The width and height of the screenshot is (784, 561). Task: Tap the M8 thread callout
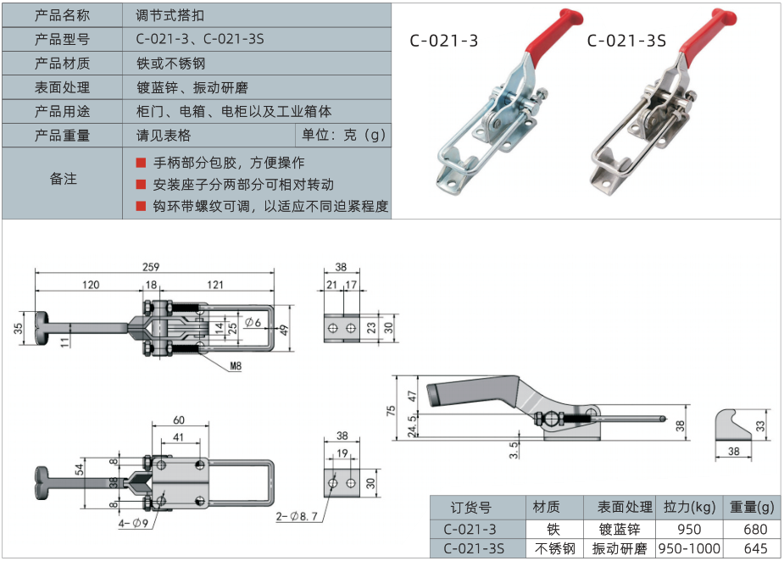click(236, 367)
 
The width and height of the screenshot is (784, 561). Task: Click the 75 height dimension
click(392, 410)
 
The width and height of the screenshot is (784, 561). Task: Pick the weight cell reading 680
click(754, 530)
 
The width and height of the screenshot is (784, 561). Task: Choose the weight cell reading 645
click(754, 549)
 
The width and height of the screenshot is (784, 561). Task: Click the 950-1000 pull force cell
click(690, 549)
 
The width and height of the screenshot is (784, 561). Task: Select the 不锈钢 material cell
click(554, 549)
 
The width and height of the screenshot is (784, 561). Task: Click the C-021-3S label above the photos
click(626, 40)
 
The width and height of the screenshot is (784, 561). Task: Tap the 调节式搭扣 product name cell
click(170, 15)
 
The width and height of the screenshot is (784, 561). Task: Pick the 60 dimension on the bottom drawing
click(179, 421)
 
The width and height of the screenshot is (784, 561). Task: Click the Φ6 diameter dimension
click(253, 321)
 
